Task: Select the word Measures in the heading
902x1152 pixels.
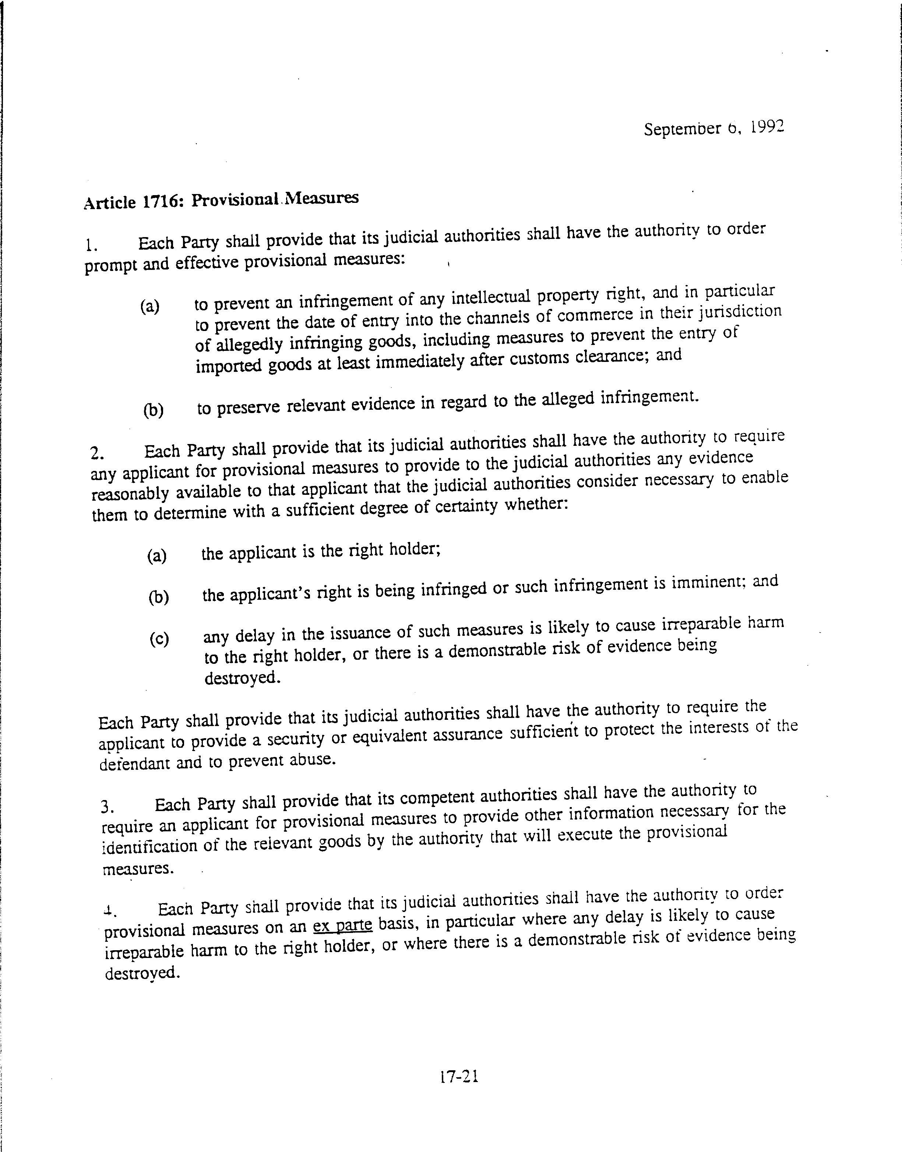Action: [322, 198]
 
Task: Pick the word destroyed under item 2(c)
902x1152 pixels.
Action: [242, 678]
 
